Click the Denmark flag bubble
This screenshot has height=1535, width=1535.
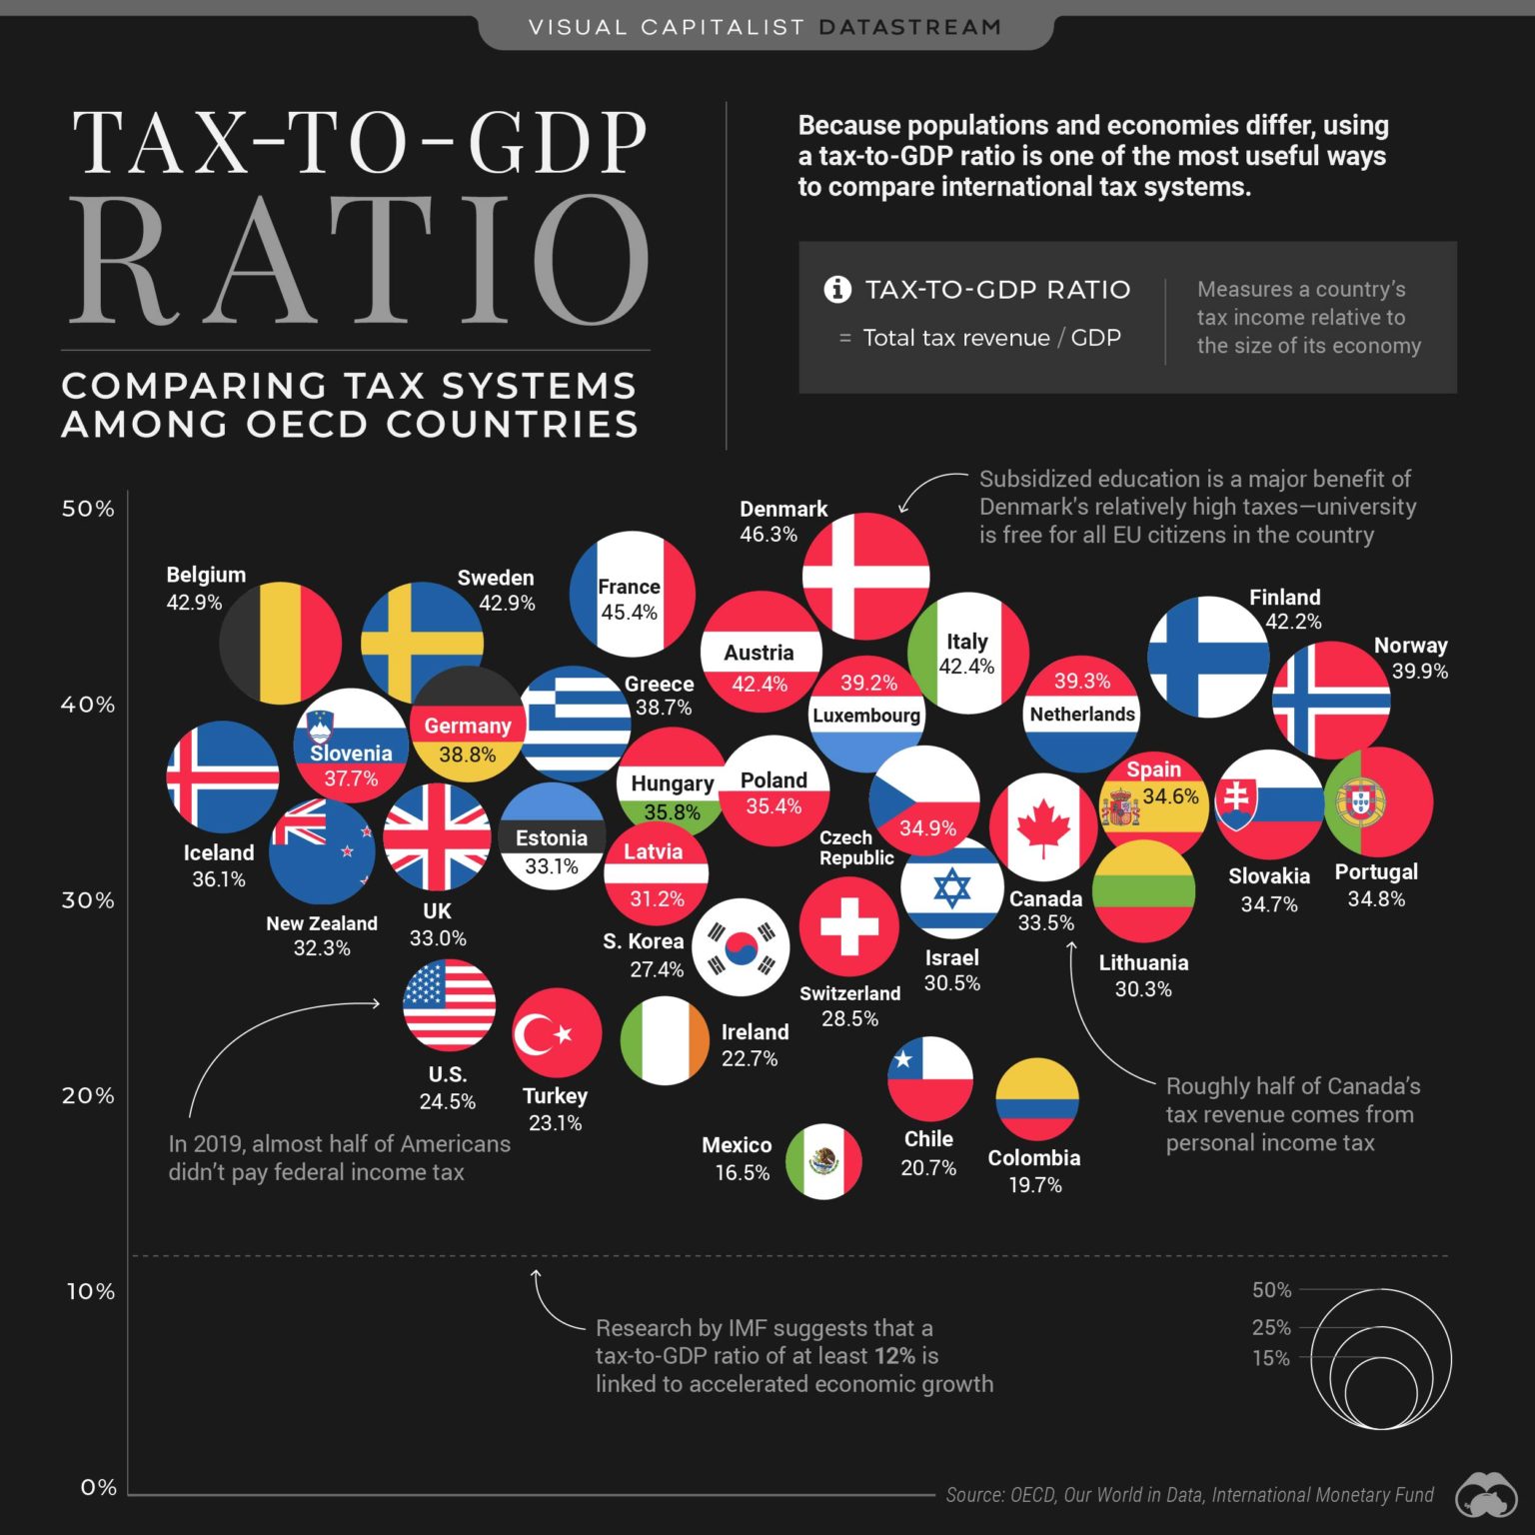coord(865,577)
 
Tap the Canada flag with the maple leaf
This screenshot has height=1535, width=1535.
coord(1042,826)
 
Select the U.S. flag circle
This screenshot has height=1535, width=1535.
coord(449,1004)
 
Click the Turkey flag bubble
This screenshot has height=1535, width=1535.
coord(557,1033)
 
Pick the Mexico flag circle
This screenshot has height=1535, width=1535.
coord(823,1161)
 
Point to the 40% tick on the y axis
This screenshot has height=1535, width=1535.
coord(88,705)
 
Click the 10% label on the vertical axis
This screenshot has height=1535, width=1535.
coord(90,1291)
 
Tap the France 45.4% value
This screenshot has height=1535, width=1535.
coord(629,613)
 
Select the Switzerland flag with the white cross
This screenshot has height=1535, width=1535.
coord(848,926)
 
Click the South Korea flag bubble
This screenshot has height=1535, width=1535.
coord(741,947)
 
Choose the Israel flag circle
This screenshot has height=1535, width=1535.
coord(951,887)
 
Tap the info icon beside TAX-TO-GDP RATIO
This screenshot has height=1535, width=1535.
coord(836,290)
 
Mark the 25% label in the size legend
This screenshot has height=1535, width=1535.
coord(1271,1327)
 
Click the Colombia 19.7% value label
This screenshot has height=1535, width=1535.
coord(1034,1185)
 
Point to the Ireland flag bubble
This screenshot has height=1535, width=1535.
coord(665,1040)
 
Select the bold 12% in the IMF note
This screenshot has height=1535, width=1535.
coord(894,1356)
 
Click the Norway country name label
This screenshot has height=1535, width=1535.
coord(1410,646)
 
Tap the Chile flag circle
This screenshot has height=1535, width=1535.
coord(929,1079)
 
